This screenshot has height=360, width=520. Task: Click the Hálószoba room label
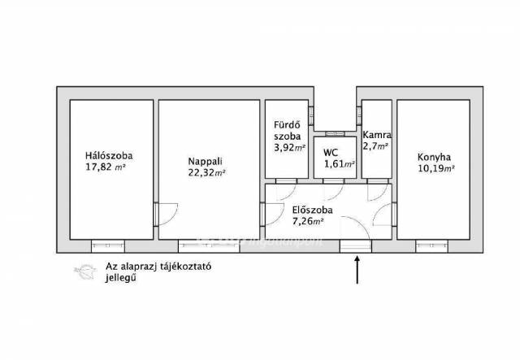point(109,155)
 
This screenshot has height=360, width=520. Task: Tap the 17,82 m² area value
point(106,167)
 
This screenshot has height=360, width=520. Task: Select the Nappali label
point(206,161)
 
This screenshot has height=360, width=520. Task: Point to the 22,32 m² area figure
point(207,172)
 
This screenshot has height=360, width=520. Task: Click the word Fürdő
point(287,125)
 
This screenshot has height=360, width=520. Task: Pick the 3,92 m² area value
point(289,147)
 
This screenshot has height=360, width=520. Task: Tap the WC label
point(331,153)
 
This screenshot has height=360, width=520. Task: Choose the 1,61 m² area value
point(340,164)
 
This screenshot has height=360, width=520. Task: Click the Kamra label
point(377,135)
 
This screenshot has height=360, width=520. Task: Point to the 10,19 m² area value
point(436,168)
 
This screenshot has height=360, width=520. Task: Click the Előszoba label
point(312,210)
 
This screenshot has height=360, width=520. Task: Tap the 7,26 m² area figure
point(308,221)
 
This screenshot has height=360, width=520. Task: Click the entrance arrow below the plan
point(357,270)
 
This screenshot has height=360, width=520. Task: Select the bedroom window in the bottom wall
point(108,246)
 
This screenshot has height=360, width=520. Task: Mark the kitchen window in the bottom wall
point(431,246)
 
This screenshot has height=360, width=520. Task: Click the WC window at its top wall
point(335,134)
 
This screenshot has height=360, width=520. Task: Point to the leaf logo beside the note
point(85,272)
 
